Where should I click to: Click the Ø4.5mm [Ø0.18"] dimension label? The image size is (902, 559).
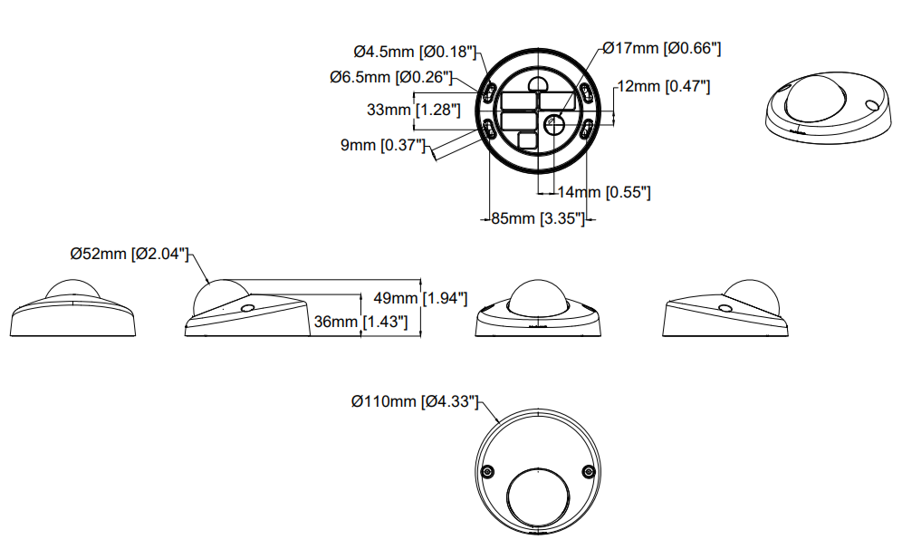(415, 52)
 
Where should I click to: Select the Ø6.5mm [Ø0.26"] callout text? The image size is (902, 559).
(391, 77)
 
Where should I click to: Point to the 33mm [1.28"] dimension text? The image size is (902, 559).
(414, 110)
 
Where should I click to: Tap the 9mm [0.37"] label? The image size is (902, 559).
(382, 145)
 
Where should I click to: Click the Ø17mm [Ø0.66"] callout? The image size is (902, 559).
(661, 48)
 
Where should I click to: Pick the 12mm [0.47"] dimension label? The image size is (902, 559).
(663, 86)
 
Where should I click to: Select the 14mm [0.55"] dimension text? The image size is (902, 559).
(604, 192)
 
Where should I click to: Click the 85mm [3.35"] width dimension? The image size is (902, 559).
(538, 218)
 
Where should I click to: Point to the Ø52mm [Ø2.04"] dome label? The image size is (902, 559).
(130, 254)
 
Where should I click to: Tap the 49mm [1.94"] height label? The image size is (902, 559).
(420, 298)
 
